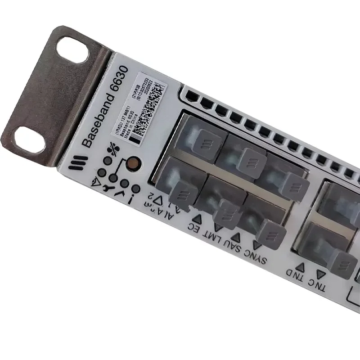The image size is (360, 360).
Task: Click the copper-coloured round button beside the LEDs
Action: [x=133, y=163]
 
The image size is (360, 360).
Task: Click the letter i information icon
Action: [x=132, y=198]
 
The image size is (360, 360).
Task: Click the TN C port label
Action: [x=317, y=284]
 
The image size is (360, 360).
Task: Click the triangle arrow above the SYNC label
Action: [x=257, y=245]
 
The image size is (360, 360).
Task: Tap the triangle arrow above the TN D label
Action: [x=301, y=266]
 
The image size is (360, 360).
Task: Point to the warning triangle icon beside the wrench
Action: [x=96, y=181]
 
